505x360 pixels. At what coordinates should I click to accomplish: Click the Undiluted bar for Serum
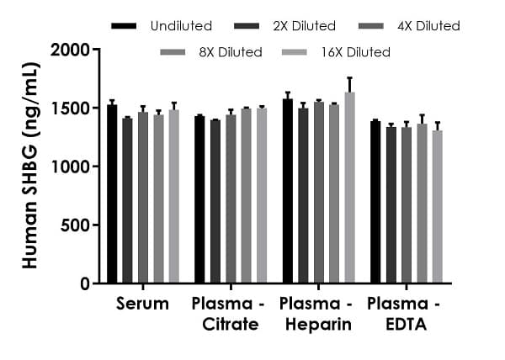pos(112,194)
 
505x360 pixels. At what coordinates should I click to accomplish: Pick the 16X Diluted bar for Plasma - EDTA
pos(438,207)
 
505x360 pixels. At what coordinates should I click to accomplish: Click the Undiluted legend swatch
pos(124,26)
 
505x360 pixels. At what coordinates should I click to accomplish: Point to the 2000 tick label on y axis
pos(71,50)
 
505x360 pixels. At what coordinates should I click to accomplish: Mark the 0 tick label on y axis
pos(84,284)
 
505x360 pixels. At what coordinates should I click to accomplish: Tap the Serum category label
pos(142,303)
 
